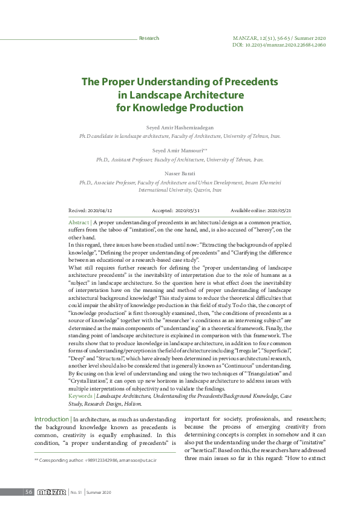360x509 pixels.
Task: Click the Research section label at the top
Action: pyautogui.click(x=149, y=38)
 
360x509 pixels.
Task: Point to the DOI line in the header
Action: pyautogui.click(x=279, y=45)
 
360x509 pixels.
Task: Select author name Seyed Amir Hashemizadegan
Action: pyautogui.click(x=179, y=129)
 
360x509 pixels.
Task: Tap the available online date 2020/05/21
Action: pyautogui.click(x=279, y=210)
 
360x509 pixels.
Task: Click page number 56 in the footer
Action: pyautogui.click(x=28, y=492)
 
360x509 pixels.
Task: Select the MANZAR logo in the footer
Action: pyautogui.click(x=51, y=492)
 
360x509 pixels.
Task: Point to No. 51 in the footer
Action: pyautogui.click(x=76, y=493)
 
